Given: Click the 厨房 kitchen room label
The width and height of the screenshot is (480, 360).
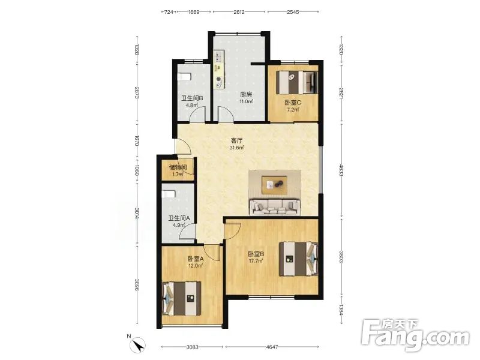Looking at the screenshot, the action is [x=246, y=95].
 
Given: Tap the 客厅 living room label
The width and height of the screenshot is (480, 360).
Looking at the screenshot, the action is [x=236, y=141].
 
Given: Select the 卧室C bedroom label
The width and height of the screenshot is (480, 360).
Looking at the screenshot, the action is [x=293, y=103].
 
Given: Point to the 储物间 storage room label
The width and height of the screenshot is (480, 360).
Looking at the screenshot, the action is [x=178, y=167].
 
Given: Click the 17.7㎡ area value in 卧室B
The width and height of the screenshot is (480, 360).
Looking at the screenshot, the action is [x=256, y=261].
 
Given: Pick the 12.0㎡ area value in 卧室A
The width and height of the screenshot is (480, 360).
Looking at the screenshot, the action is [x=196, y=266].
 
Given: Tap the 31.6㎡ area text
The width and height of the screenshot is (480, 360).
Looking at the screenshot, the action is [x=236, y=148].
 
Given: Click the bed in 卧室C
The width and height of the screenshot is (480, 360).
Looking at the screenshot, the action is [x=296, y=83].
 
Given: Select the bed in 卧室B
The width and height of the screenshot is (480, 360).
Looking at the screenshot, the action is [x=298, y=259].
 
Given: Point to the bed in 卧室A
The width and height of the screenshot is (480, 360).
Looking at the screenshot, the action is [x=182, y=298].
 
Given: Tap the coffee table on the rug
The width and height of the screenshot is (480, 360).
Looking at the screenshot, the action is [x=274, y=185].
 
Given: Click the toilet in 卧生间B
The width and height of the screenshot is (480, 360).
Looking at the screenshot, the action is [x=184, y=77].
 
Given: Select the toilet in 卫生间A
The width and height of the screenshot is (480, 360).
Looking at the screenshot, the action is [x=169, y=194].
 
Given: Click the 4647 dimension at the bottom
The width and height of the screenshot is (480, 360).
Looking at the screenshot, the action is [x=272, y=347].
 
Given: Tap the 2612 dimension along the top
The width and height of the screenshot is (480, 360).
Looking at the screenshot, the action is [x=239, y=12].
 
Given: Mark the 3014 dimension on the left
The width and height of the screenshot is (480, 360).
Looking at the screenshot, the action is [x=137, y=213].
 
